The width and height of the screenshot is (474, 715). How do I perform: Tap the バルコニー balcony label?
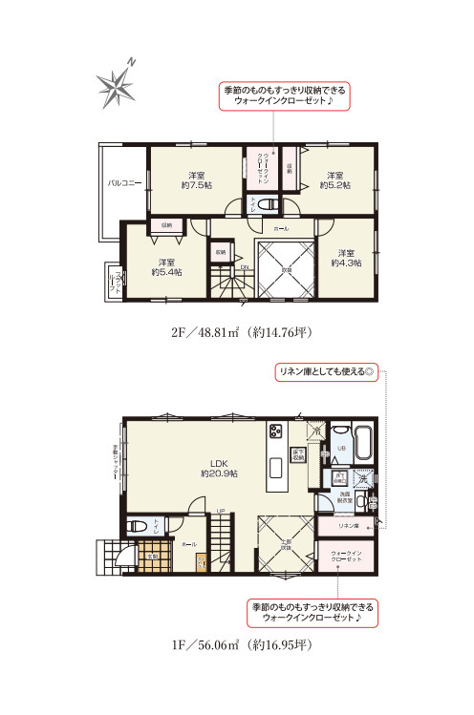[124, 180]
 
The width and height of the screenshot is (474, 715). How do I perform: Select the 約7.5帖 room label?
[196, 180]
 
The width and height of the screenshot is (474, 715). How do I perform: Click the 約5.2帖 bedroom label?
[334, 180]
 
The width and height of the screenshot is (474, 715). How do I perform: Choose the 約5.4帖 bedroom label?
[166, 267]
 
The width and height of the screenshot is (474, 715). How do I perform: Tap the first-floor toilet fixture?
[137, 525]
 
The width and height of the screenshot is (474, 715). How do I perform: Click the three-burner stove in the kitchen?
[276, 431]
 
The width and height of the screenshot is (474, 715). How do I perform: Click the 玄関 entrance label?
[151, 555]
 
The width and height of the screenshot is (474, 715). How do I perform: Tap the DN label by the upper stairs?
[245, 268]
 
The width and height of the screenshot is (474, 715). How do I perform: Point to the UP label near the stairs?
[221, 511]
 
